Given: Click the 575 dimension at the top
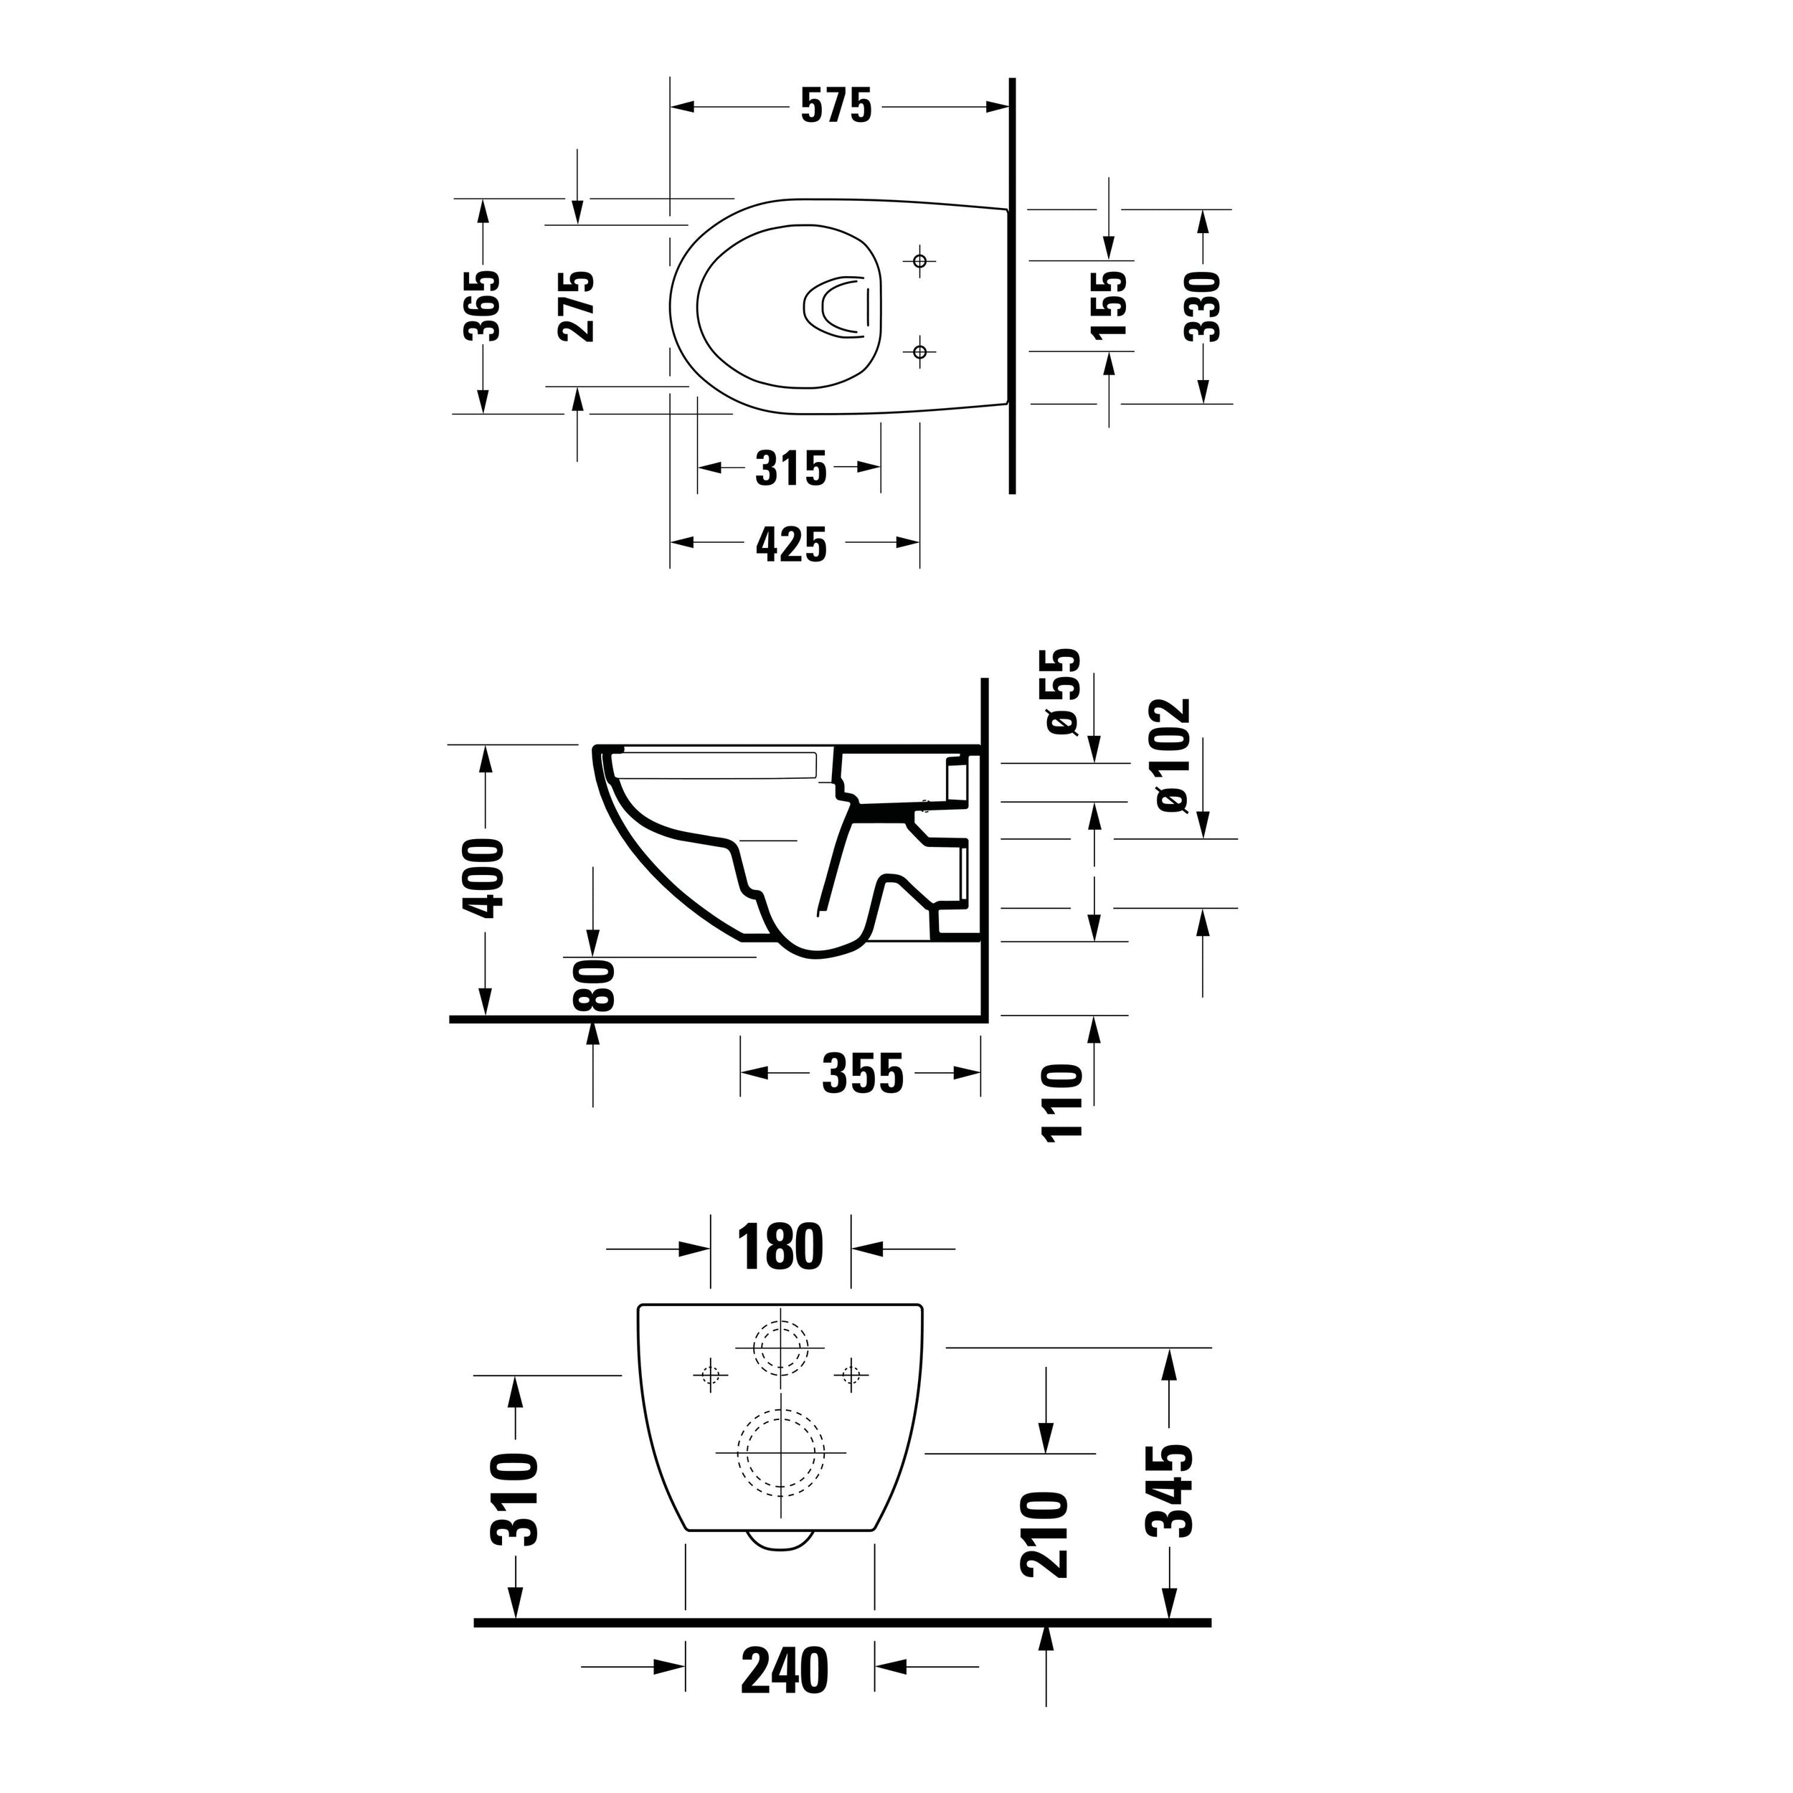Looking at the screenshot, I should click(836, 107).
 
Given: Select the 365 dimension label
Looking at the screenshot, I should click(483, 306).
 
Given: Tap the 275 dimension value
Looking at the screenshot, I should click(577, 306).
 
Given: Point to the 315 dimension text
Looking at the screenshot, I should click(790, 468).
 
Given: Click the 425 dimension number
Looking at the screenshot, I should click(790, 545).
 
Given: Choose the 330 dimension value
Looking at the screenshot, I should click(1203, 306).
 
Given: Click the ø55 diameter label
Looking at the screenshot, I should click(1064, 691).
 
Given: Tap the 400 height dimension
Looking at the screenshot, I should click(483, 877).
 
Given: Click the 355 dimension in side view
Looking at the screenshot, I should click(861, 1074).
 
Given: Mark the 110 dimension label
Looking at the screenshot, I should click(1064, 1104).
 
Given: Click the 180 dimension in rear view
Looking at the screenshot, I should click(780, 1247).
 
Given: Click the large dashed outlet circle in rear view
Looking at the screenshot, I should click(780, 1452).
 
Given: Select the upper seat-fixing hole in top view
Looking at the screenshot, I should click(919, 262).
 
